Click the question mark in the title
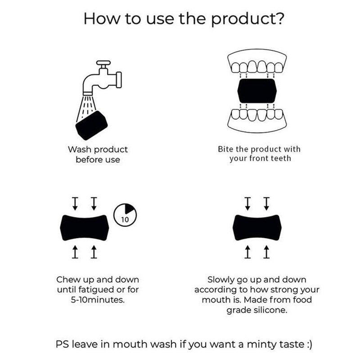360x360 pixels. (279, 18)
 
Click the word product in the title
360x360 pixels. (242, 20)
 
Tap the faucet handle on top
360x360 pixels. (103, 63)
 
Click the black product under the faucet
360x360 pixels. (92, 126)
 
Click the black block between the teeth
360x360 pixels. (257, 91)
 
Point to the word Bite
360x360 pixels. (226, 149)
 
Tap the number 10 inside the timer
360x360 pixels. (125, 220)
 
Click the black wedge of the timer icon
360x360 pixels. (129, 208)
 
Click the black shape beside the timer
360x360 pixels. (85, 228)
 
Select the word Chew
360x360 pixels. (68, 279)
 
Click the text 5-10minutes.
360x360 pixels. (98, 300)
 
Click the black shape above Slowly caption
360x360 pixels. (257, 228)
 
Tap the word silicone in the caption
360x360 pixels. (270, 310)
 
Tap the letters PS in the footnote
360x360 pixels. (62, 344)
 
